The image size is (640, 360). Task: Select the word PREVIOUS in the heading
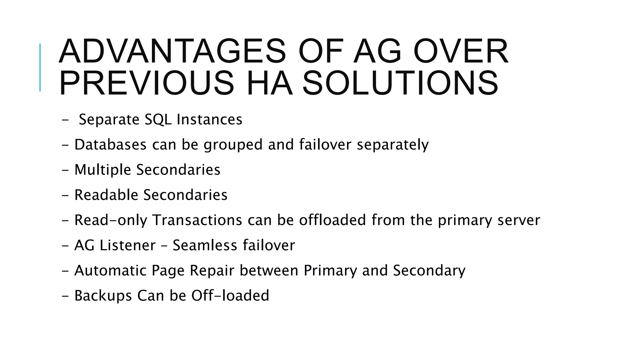coord(146,83)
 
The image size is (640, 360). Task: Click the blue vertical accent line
coord(40,67)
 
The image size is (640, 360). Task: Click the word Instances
coord(209,120)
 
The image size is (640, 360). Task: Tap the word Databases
coord(110,145)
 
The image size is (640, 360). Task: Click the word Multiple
coord(102,170)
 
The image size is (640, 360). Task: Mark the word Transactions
coord(197,220)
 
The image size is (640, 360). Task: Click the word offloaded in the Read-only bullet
coord(332,220)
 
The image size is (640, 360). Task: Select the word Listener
coord(127,245)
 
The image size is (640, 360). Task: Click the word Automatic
coord(110,271)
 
